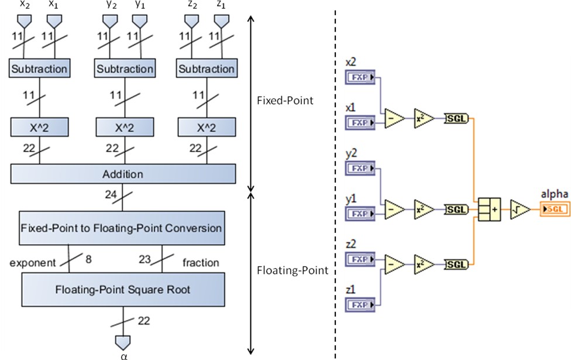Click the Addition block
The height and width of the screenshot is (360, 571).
(x=123, y=174)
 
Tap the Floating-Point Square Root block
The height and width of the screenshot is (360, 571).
(x=123, y=289)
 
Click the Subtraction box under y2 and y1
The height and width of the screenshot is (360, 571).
(x=125, y=68)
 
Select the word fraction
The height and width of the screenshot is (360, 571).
(x=201, y=263)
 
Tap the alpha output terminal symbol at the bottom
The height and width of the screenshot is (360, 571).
(x=123, y=342)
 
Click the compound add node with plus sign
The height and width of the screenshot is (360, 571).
(x=489, y=210)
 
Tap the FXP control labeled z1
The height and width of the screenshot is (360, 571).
(x=361, y=304)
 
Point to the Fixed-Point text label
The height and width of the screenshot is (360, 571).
(x=285, y=101)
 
